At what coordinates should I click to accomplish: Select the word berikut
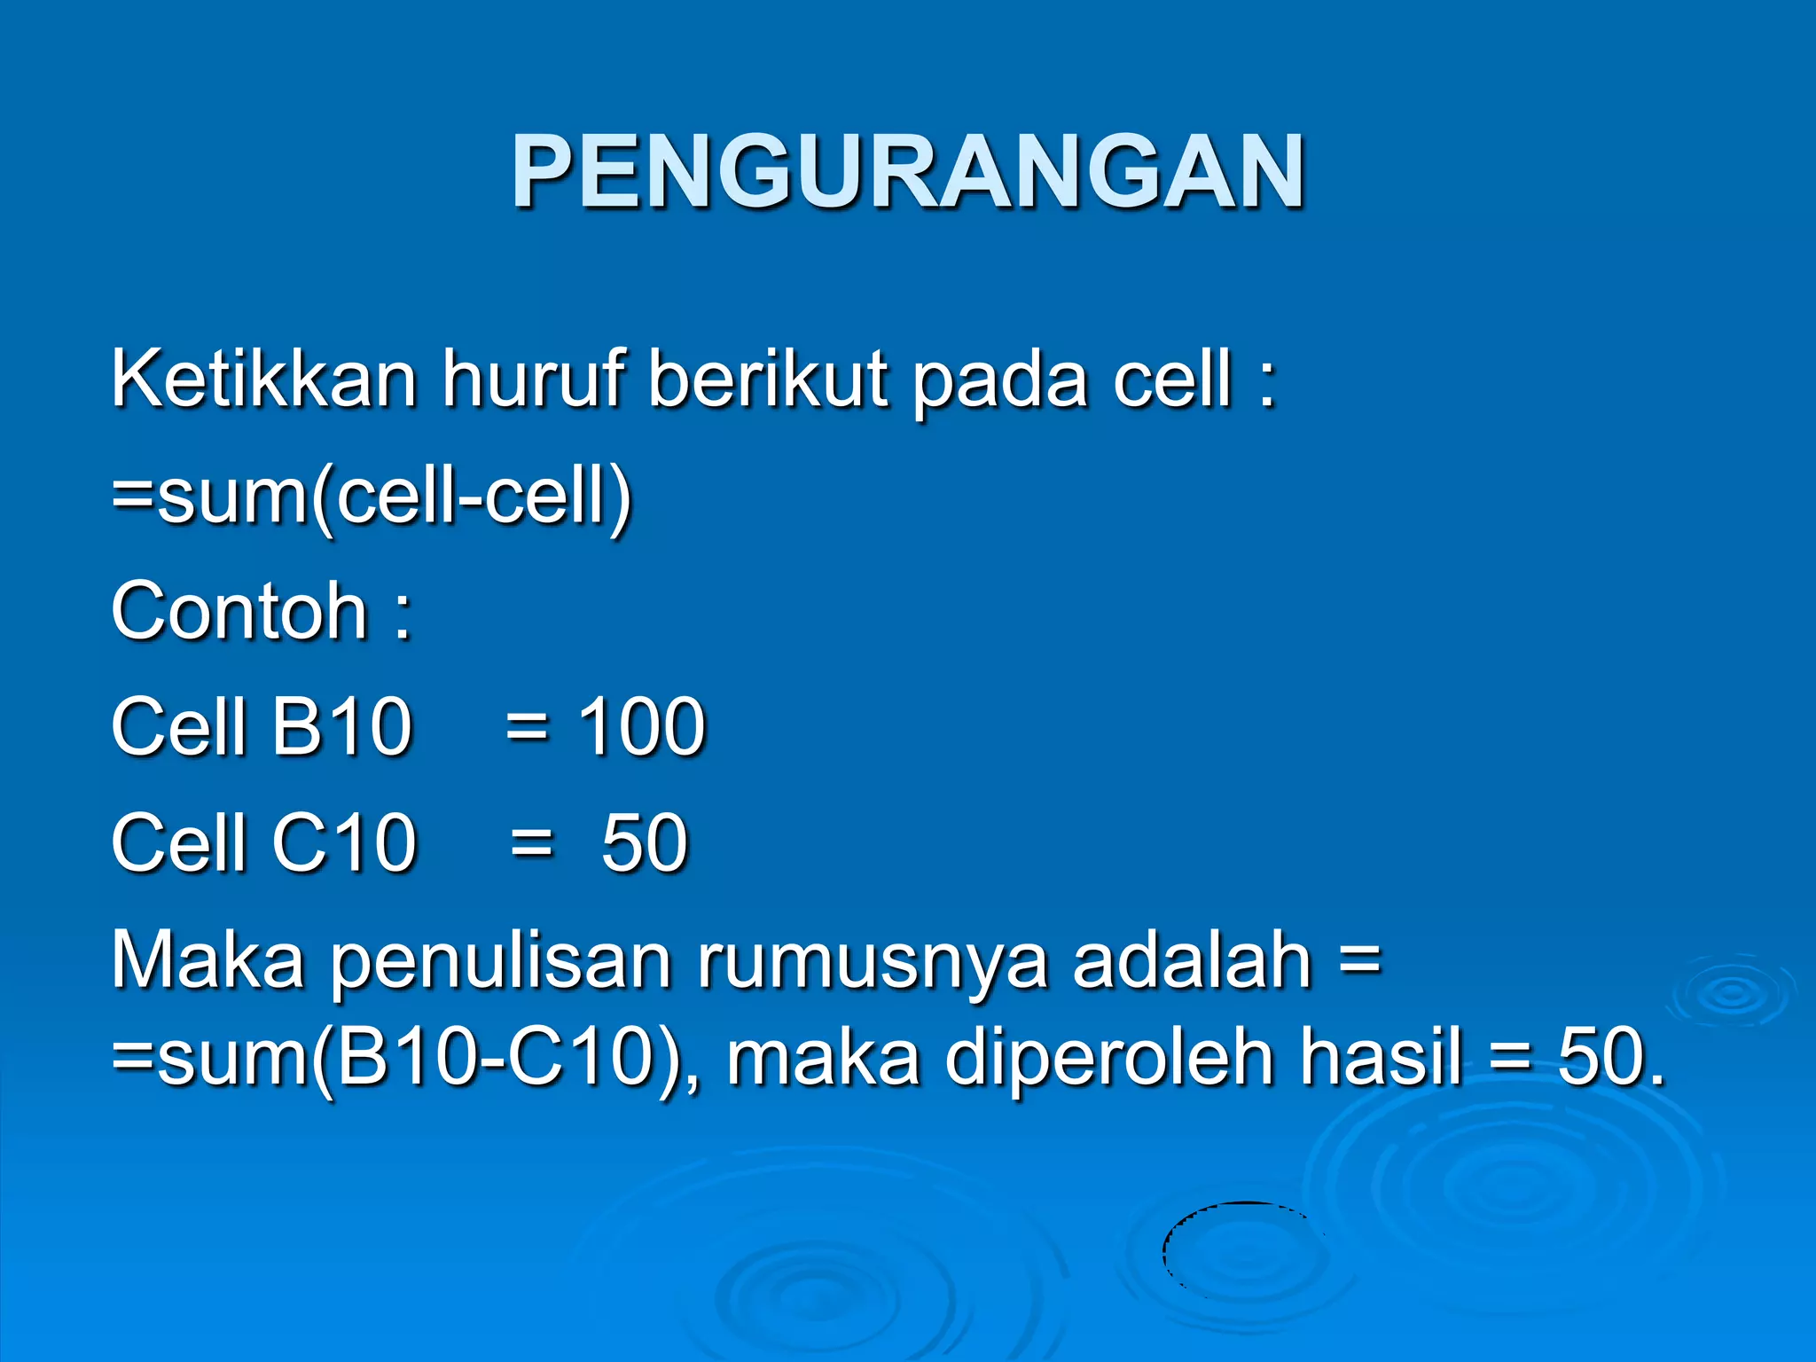[x=768, y=379]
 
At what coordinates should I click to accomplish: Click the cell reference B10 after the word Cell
[x=341, y=726]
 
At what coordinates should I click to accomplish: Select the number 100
[x=641, y=726]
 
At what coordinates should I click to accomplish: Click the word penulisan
[x=501, y=962]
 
